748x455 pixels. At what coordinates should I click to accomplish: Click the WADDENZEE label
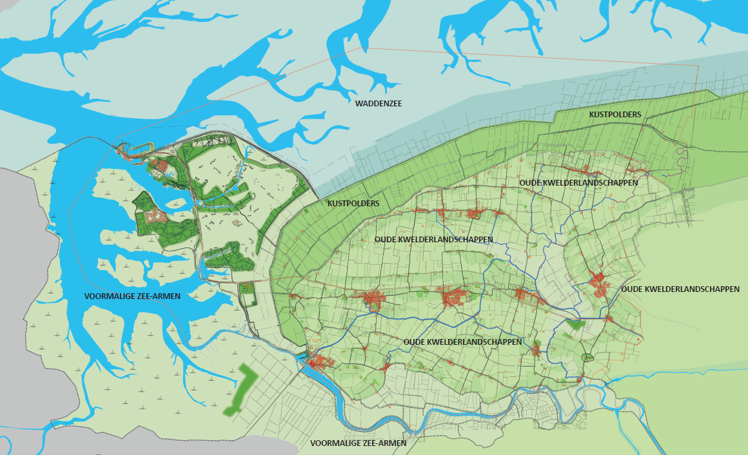(375, 102)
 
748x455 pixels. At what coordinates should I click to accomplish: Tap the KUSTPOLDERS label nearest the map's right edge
(615, 114)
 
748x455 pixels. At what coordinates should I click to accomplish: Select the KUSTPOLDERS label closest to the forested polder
(353, 204)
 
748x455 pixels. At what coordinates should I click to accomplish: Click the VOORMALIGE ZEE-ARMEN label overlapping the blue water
(132, 296)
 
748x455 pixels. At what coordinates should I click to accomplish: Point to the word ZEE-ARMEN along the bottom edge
(385, 443)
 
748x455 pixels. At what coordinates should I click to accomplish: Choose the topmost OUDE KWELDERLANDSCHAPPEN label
(578, 183)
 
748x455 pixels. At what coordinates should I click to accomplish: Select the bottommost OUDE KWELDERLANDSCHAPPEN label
(462, 342)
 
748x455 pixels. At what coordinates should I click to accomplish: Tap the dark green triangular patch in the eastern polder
(573, 325)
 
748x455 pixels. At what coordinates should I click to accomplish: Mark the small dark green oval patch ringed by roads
(587, 358)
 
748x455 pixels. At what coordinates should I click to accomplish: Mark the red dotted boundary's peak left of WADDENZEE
(359, 48)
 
